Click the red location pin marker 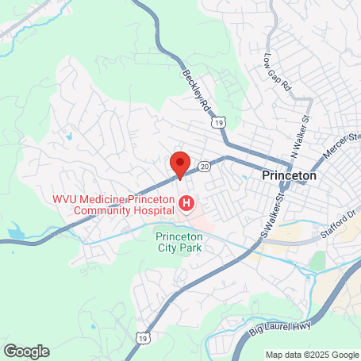pos(179,163)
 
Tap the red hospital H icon pos(186,205)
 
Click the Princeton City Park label pos(179,241)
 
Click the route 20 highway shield pos(205,166)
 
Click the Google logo pos(26,351)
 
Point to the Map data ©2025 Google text pos(311,355)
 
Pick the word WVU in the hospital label pos(66,199)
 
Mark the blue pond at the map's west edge pos(14,232)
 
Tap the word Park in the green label pos(191,247)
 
